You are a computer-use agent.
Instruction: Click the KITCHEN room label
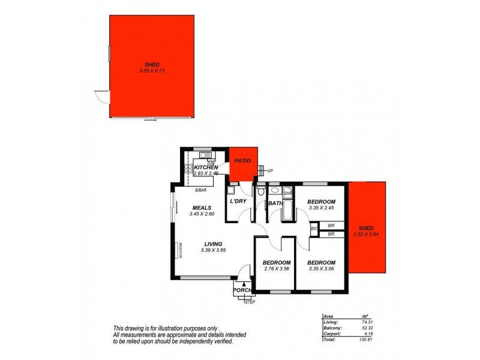click(202, 167)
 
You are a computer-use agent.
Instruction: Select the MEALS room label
click(201, 207)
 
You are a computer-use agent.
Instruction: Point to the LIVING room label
click(213, 244)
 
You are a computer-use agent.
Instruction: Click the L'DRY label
click(239, 202)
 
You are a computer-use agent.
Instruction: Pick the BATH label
click(275, 203)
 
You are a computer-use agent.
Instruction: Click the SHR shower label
click(287, 194)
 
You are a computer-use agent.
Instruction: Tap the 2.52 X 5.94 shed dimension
click(365, 234)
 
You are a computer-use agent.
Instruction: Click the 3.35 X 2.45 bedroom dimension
click(321, 208)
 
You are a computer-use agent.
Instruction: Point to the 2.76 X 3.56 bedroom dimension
click(277, 268)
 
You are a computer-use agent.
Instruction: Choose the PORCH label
click(242, 290)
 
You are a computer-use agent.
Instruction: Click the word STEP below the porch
click(250, 302)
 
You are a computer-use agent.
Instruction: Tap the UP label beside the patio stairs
click(270, 171)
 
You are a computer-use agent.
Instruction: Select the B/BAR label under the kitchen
click(201, 190)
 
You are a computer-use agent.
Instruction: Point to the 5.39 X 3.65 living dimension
click(213, 250)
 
